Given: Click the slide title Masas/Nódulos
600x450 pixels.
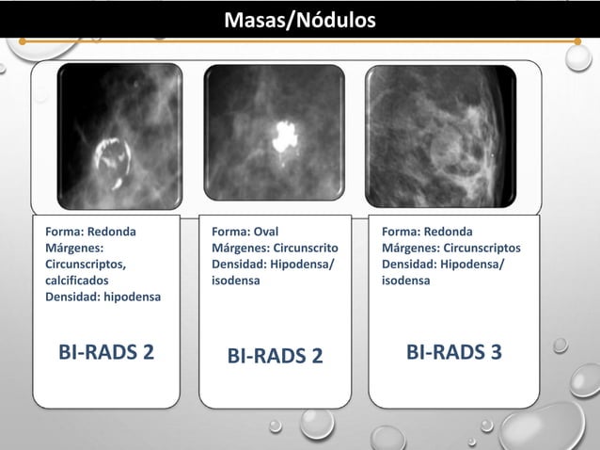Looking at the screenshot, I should (299, 19).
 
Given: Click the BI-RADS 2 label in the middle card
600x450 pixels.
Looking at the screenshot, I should (276, 356).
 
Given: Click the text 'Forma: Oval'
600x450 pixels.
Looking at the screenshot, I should (245, 232).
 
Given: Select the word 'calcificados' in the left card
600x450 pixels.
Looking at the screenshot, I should (76, 281).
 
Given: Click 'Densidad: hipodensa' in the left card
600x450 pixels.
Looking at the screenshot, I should (103, 297).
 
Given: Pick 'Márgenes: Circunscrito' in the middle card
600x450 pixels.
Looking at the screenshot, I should (275, 248).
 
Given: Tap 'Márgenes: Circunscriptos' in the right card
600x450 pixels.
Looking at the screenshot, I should (450, 248).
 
